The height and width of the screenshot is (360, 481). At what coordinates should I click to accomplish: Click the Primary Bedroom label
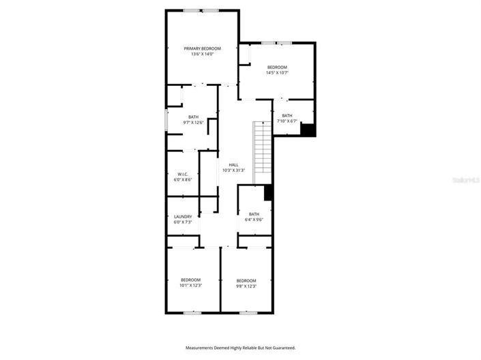203,48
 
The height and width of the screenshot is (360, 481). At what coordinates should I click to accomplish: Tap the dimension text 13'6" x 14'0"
203,55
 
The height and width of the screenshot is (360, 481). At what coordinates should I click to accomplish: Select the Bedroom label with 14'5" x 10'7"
277,67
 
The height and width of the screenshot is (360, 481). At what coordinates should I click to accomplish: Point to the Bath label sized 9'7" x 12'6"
194,117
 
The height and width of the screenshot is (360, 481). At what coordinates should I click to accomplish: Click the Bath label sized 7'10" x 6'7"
287,116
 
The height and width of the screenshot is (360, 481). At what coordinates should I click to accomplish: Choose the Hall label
233,165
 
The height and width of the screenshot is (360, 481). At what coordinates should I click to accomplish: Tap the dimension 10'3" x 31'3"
233,170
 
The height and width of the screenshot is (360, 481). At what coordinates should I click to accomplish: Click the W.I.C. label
183,175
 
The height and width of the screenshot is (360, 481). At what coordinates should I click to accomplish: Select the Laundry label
183,217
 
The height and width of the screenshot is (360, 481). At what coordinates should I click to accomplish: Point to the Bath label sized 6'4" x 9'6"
254,214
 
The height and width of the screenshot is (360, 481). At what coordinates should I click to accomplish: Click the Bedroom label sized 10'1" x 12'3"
190,280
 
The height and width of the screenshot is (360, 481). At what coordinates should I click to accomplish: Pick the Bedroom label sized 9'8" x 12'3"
246,280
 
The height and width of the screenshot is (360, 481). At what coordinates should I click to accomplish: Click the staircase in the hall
263,152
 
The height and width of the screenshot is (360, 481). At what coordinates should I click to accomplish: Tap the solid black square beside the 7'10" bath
308,130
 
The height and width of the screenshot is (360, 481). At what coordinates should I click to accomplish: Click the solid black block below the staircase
268,193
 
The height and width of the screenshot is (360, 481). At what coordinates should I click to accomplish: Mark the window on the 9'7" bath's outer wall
166,120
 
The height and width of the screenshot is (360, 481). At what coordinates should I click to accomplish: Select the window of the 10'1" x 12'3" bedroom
192,312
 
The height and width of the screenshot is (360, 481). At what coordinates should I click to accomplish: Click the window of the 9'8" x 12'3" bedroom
247,312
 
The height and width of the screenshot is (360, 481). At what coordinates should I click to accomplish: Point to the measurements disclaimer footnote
241,348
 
